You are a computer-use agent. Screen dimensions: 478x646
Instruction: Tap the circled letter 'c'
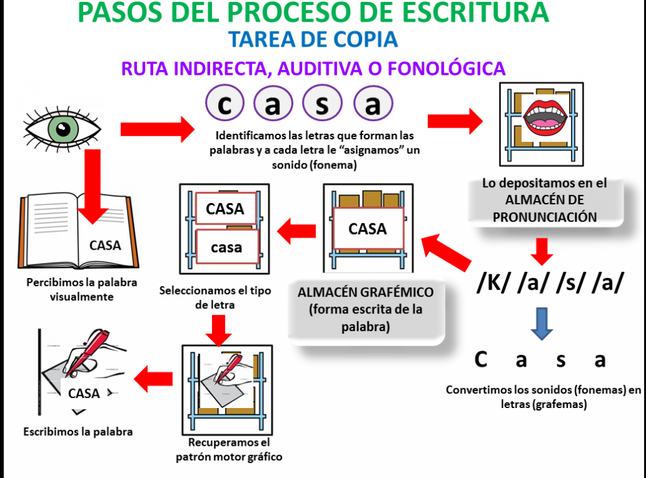coord(224,105)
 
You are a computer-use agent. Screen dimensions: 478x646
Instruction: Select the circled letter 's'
coord(323,105)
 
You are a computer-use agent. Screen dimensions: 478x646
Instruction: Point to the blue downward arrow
coord(541,322)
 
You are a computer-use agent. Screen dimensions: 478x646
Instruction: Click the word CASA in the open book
coord(105,245)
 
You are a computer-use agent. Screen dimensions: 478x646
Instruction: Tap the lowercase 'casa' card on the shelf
coord(226,247)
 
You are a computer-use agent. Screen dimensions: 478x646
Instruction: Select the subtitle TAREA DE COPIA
coord(314,39)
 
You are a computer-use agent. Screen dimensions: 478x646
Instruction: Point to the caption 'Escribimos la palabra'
coord(78,433)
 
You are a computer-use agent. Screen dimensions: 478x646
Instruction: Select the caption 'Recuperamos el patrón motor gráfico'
coord(228,450)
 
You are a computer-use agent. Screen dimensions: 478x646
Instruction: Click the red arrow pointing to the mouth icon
coord(454,120)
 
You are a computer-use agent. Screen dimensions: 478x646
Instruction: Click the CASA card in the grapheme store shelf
coord(367,230)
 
